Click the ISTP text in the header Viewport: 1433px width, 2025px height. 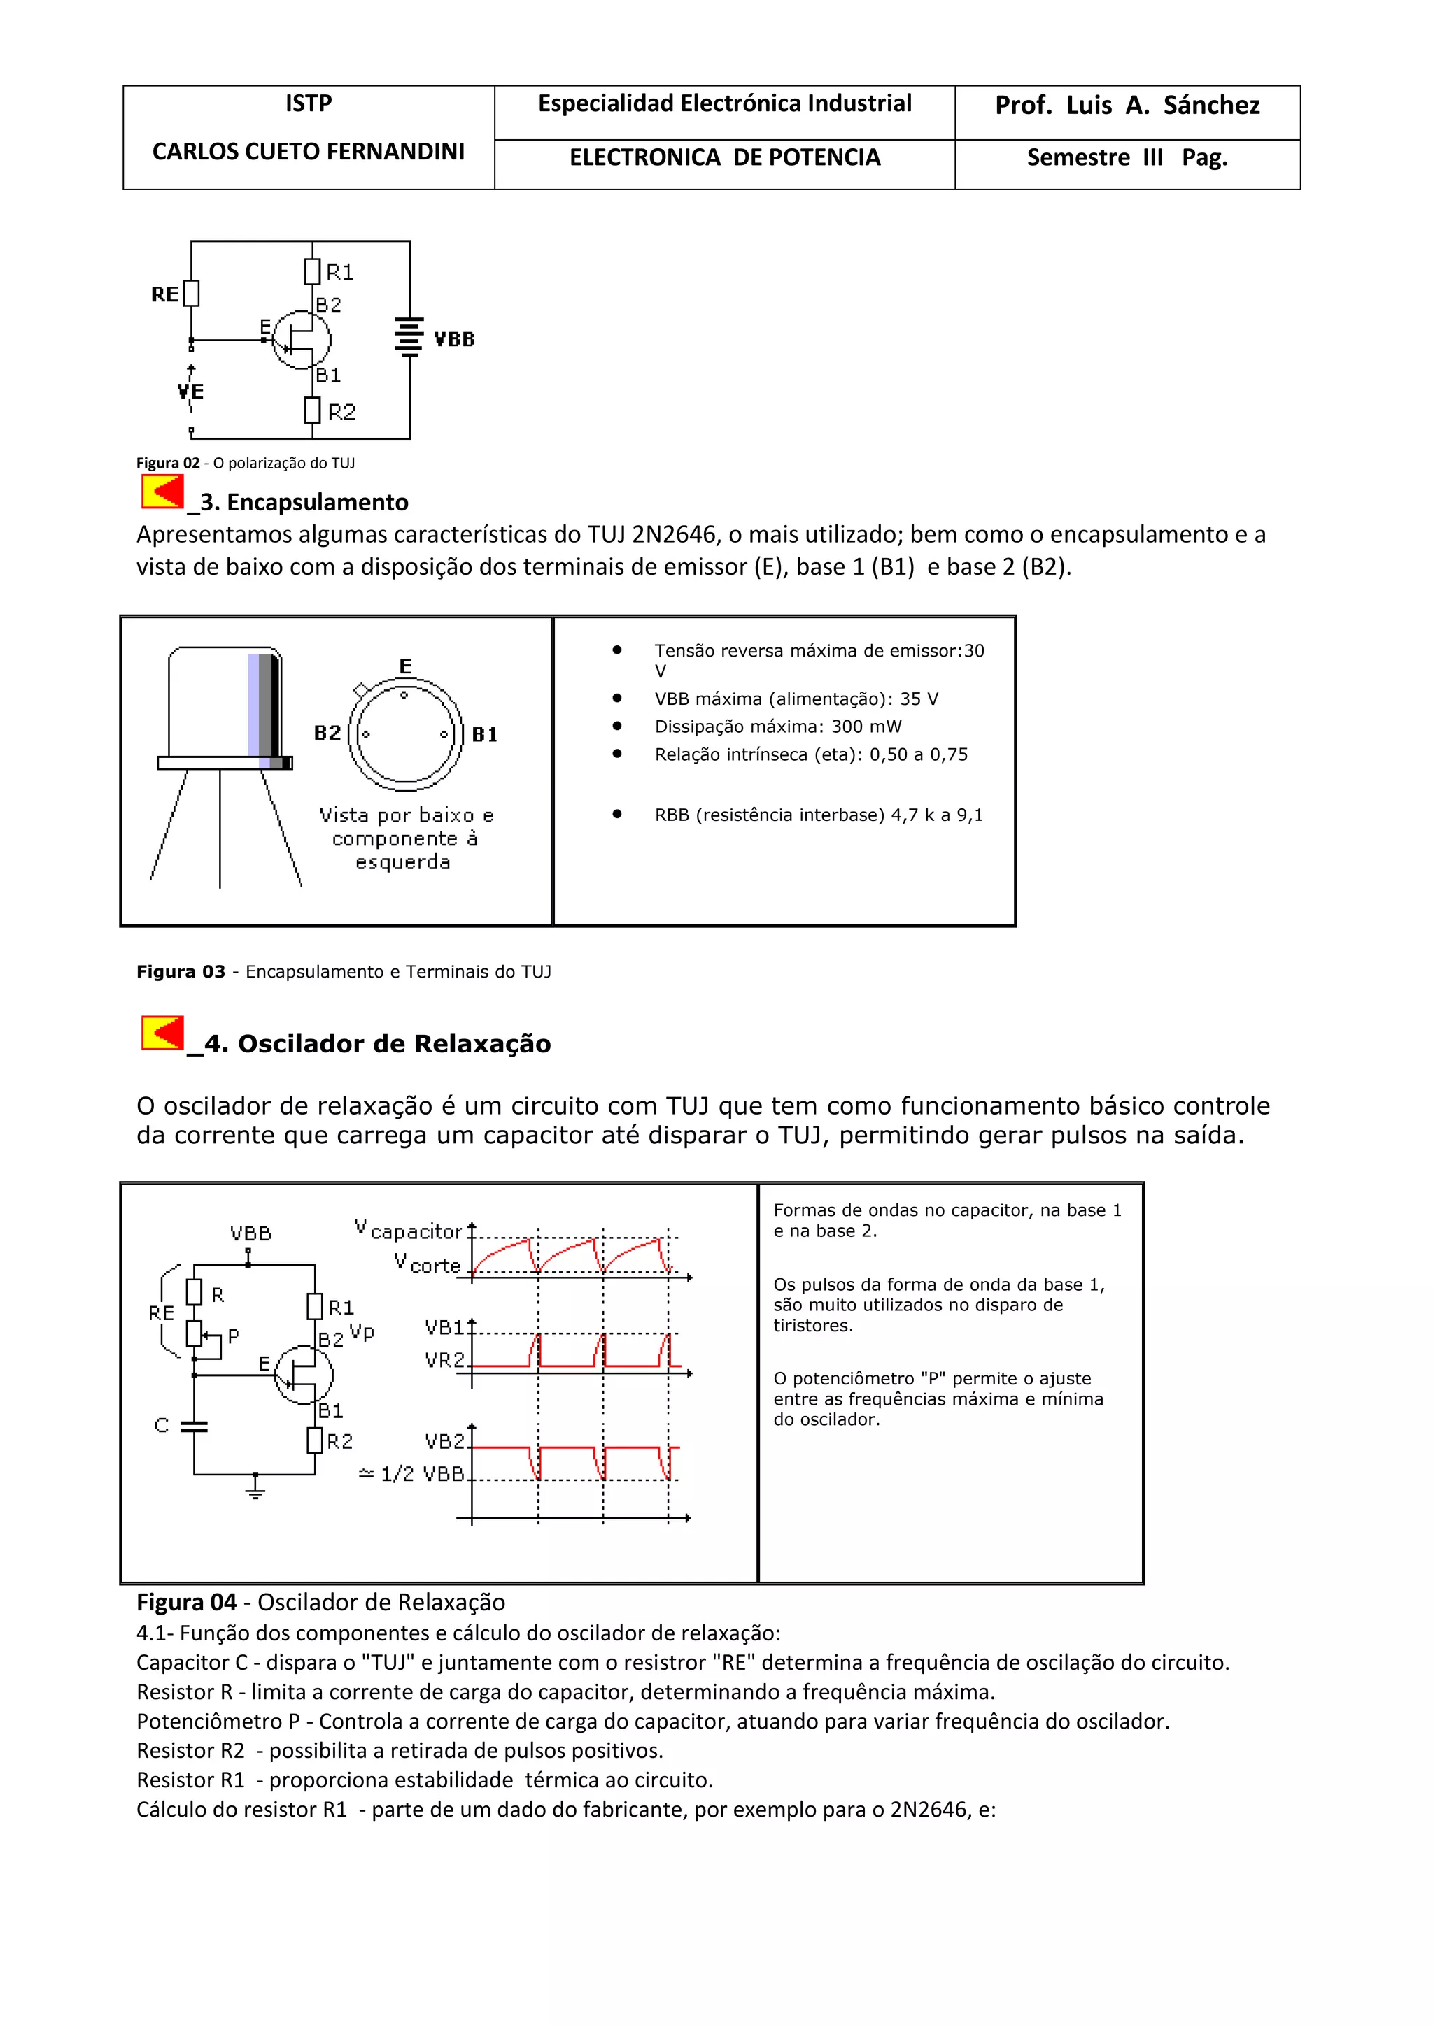click(x=308, y=104)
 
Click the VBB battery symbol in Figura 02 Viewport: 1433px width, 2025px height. click(x=409, y=338)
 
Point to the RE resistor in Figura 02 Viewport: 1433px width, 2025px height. click(x=192, y=293)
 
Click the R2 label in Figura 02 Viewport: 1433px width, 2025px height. click(x=341, y=412)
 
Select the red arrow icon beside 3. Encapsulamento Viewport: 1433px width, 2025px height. click(x=162, y=492)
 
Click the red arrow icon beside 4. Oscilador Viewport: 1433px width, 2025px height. click(x=162, y=1033)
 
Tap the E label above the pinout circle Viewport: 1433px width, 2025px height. click(x=405, y=666)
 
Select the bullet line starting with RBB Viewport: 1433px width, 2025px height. click(x=818, y=815)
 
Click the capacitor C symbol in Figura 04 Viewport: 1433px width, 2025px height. click(x=194, y=1426)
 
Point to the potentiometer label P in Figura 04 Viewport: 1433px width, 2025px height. click(x=233, y=1336)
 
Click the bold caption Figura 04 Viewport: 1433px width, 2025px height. click(x=186, y=1603)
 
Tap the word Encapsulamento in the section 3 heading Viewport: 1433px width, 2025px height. click(x=318, y=502)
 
